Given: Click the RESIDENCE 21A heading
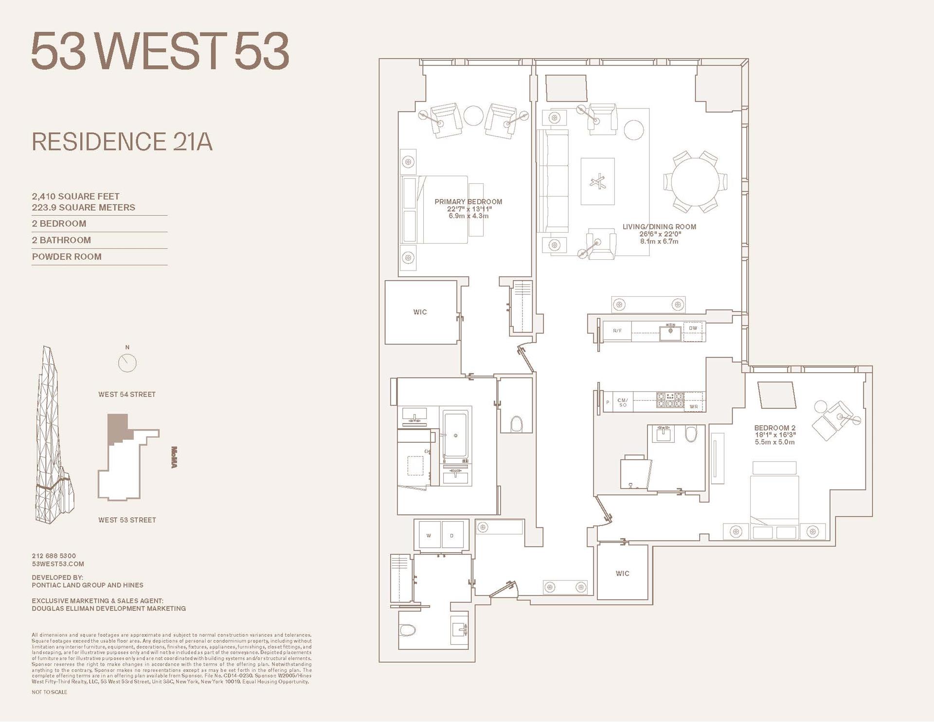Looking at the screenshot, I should [122, 142].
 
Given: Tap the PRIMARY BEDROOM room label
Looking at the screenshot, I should [468, 202].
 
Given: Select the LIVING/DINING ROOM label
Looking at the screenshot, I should [659, 227].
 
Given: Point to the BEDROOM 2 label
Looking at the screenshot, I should [775, 428].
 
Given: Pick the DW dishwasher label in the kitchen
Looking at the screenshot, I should [693, 328].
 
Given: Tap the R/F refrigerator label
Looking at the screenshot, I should [617, 331].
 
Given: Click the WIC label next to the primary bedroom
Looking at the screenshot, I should [420, 312].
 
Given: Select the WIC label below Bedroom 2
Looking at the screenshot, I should [622, 574].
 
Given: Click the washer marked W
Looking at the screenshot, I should [429, 536].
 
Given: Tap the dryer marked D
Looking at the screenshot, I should [452, 536].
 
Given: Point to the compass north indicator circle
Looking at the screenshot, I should [127, 362].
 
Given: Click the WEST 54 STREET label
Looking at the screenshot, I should [127, 395].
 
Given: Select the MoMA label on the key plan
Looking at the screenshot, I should [174, 457].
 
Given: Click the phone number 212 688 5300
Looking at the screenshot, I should [54, 556].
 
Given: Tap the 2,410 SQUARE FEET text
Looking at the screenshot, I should [75, 197].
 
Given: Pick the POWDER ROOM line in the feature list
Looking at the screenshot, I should [67, 257].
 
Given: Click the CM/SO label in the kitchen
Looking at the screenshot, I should [623, 402].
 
